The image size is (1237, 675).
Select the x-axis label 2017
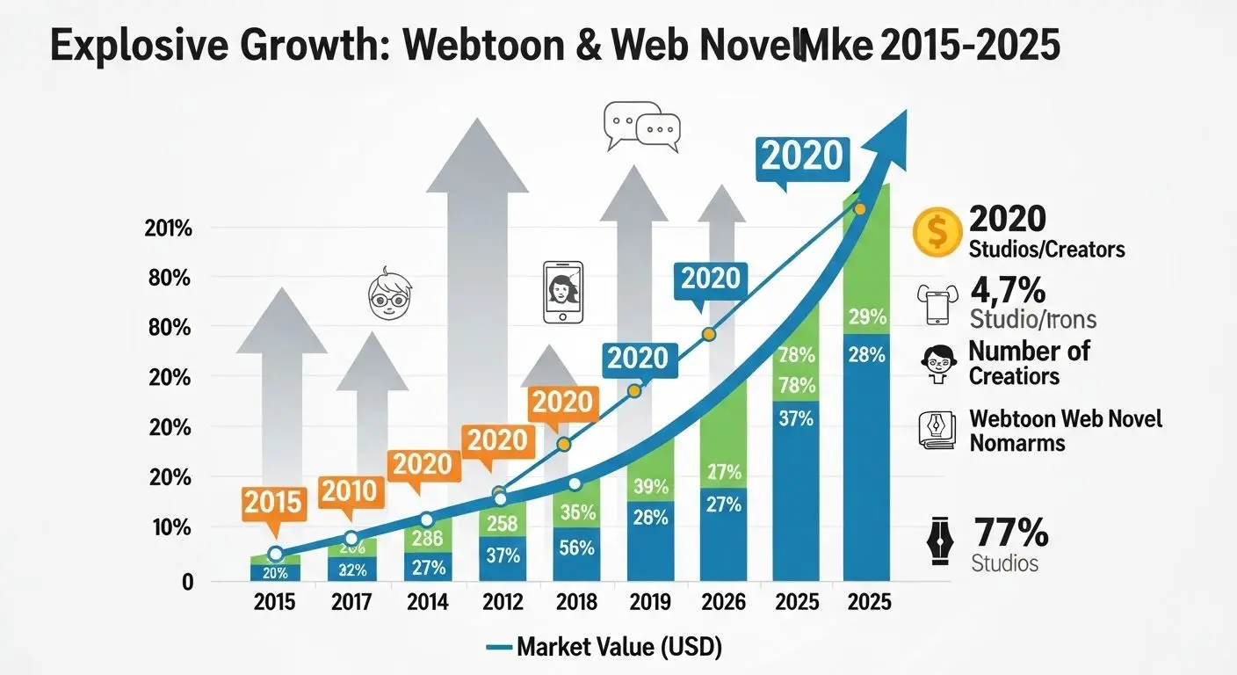(351, 602)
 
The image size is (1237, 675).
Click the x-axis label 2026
(725, 602)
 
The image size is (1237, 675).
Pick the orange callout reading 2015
(274, 503)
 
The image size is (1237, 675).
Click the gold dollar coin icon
(936, 230)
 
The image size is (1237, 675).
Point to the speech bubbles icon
(642, 127)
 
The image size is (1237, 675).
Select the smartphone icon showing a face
(563, 292)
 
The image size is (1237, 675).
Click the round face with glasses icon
(387, 293)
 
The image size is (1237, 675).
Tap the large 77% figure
(1010, 533)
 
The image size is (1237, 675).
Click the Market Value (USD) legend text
(618, 649)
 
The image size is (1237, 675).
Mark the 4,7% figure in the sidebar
(1007, 290)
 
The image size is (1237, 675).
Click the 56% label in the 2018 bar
(575, 548)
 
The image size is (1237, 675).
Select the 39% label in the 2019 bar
(651, 486)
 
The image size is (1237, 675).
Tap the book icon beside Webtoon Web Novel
(935, 430)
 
